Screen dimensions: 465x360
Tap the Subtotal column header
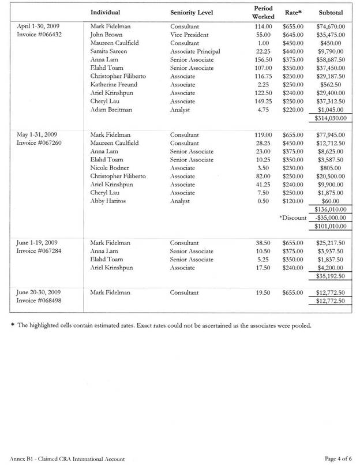point(331,12)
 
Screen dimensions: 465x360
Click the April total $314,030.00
point(331,118)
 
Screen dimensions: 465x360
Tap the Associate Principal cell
point(195,51)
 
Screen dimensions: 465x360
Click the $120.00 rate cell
point(293,201)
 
